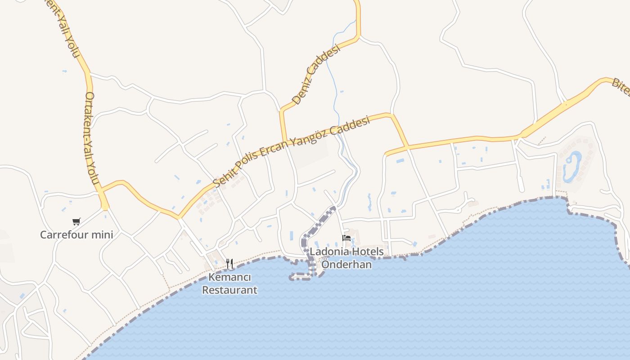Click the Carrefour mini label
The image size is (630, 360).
76,235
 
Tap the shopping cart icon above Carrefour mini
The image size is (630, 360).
76,221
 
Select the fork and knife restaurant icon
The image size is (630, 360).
229,263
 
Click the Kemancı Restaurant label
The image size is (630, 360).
229,283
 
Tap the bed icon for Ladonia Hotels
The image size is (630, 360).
346,238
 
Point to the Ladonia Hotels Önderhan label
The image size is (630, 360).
346,258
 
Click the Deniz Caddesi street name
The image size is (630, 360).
315,75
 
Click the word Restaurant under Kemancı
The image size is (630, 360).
229,290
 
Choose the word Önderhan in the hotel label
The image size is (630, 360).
346,264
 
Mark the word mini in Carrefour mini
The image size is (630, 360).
101,235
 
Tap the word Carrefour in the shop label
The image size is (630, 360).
63,235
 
